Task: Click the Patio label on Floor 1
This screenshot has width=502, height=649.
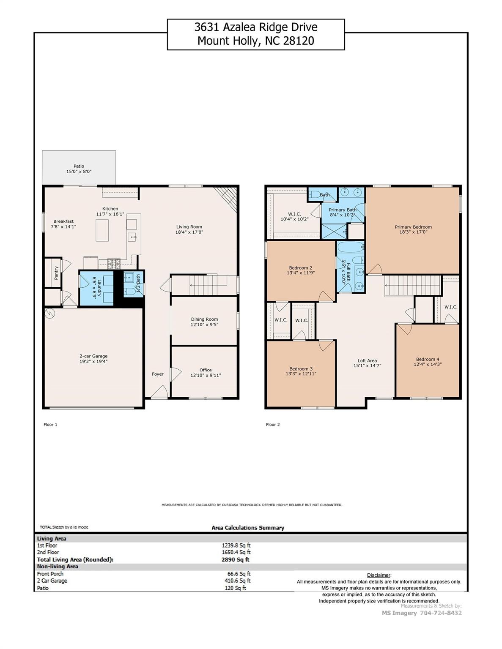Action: (x=79, y=166)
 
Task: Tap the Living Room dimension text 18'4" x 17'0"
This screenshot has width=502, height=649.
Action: (x=189, y=232)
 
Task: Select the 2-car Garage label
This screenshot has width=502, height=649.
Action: (x=93, y=356)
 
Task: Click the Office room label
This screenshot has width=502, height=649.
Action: (x=206, y=370)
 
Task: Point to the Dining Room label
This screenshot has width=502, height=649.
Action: (x=204, y=319)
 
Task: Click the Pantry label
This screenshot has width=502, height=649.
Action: (x=56, y=273)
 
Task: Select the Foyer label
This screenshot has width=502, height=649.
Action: (x=158, y=374)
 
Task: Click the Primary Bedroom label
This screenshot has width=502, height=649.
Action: (x=413, y=227)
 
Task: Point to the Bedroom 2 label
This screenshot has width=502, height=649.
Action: (x=301, y=267)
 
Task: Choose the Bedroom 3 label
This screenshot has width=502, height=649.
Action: (x=301, y=368)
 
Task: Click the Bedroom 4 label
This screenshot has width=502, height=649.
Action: (x=428, y=359)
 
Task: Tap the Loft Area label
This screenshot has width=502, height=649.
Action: (x=367, y=360)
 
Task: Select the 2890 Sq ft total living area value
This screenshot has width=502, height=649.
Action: (x=236, y=559)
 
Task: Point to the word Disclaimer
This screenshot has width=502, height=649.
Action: (x=379, y=575)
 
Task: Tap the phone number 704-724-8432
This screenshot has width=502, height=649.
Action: (x=441, y=613)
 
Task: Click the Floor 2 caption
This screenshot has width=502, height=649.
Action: (x=273, y=425)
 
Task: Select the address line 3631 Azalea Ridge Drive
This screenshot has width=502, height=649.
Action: (x=256, y=27)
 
